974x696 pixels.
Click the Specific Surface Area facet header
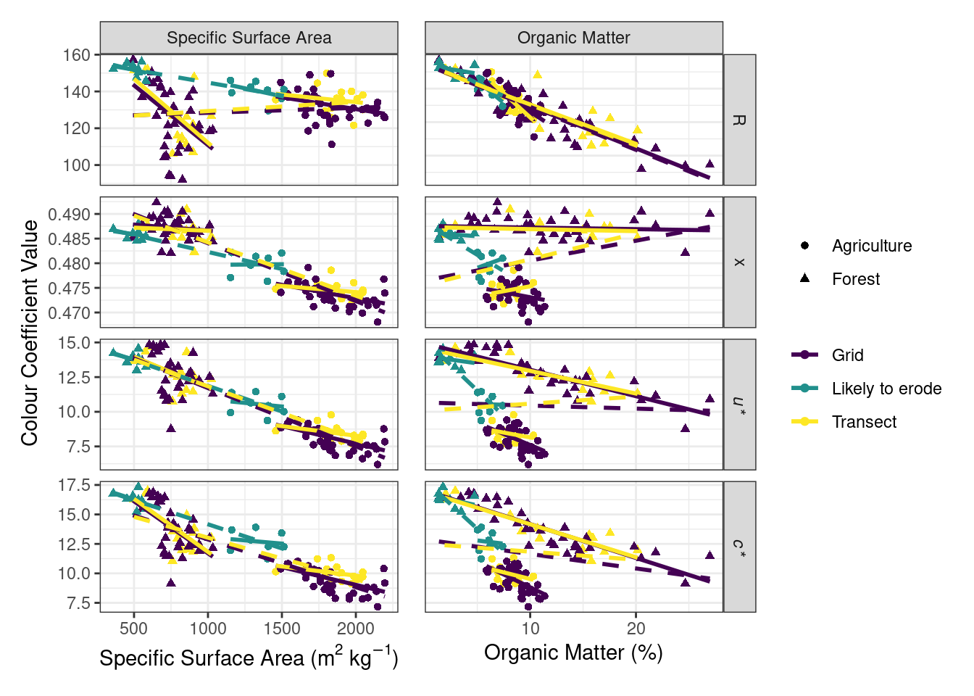(249, 38)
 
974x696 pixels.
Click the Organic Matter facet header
(573, 38)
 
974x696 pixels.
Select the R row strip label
(739, 120)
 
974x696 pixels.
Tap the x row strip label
(739, 262)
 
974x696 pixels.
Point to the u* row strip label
(739, 405)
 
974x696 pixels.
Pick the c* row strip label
(739, 547)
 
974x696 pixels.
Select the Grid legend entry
(847, 355)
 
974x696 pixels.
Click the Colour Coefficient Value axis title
(30, 333)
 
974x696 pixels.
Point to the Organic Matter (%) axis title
(573, 652)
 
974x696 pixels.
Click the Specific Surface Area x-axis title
(249, 658)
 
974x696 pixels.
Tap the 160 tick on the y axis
(76, 55)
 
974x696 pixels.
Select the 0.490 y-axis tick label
(69, 215)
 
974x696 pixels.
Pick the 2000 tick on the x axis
(356, 628)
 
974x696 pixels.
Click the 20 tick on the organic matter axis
(636, 628)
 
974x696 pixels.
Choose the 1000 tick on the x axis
(208, 628)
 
